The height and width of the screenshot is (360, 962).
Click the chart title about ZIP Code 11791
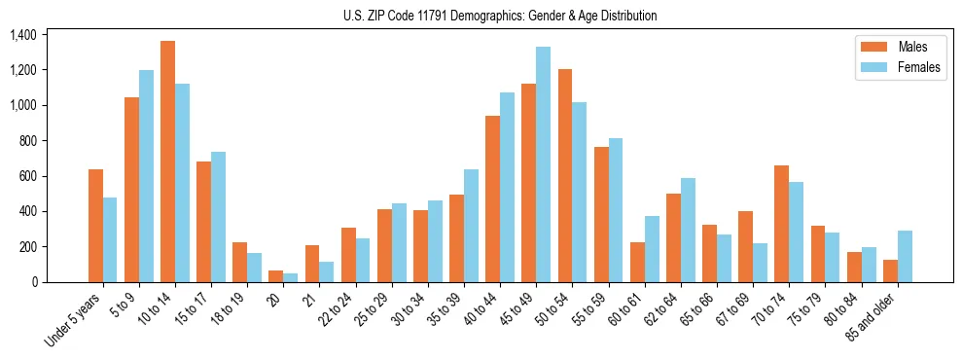point(500,16)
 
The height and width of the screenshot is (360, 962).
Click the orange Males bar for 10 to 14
point(167,162)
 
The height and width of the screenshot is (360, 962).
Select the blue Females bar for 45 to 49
point(543,164)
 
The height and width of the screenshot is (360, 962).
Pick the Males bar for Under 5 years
point(95,226)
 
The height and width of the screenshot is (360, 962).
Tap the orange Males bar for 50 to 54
point(565,175)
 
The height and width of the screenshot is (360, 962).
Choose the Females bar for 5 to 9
point(146,176)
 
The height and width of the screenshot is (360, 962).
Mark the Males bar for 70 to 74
point(781,224)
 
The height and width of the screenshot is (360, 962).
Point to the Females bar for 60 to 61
point(652,249)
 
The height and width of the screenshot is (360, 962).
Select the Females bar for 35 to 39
point(471,226)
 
